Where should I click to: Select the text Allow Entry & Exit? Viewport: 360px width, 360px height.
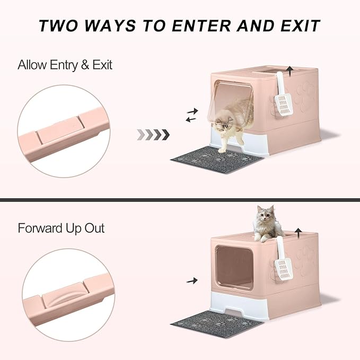pos(65,65)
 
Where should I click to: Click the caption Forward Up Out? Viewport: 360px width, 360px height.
pos(61,229)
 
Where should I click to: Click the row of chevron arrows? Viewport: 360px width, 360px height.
pos(153,134)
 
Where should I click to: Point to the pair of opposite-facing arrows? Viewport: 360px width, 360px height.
pos(191,115)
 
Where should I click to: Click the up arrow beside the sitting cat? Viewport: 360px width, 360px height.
pos(300,232)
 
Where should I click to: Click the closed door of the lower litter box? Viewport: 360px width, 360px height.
pos(234,267)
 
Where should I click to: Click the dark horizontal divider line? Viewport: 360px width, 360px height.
pos(180,200)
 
